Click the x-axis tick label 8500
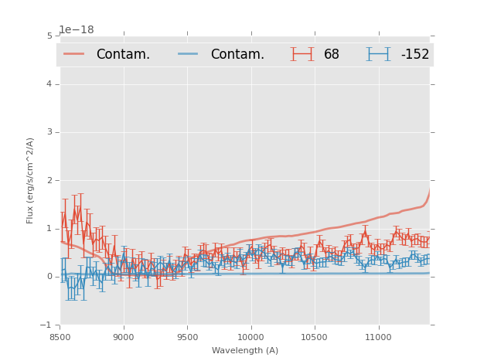(60, 337)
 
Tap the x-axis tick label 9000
(124, 337)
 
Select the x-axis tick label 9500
(187, 337)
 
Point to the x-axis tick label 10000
(250, 337)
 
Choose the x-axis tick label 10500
(314, 337)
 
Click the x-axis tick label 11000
(377, 337)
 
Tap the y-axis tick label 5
(49, 36)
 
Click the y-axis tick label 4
(49, 84)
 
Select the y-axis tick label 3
(49, 132)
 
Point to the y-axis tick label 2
(49, 181)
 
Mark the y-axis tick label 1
(49, 229)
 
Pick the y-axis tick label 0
(49, 277)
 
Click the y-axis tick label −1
(46, 325)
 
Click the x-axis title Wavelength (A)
(245, 351)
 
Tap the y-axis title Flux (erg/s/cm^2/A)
(31, 180)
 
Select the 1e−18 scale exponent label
(77, 30)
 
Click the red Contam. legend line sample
(74, 54)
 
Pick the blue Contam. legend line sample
(189, 54)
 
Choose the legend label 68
(332, 55)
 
